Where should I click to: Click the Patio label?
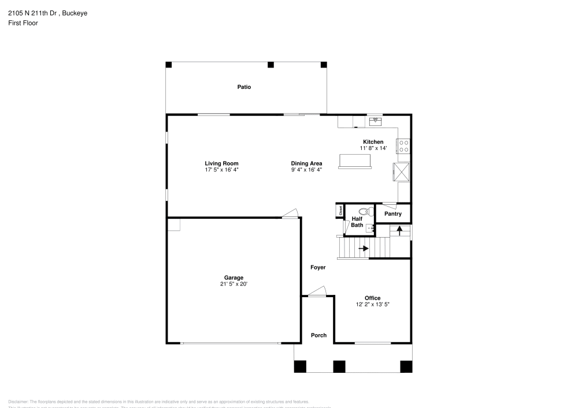pyautogui.click(x=244, y=87)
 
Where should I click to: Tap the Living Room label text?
pyautogui.click(x=221, y=163)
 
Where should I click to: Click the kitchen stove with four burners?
pyautogui.click(x=403, y=146)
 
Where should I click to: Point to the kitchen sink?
pyautogui.click(x=376, y=121)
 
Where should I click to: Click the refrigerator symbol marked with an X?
pyautogui.click(x=401, y=172)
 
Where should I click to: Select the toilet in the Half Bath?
pyautogui.click(x=364, y=211)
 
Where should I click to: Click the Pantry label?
pyautogui.click(x=393, y=214)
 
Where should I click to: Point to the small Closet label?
pyautogui.click(x=340, y=211)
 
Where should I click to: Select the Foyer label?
pyautogui.click(x=318, y=268)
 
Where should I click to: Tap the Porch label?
pyautogui.click(x=318, y=335)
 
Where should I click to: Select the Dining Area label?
pyautogui.click(x=306, y=163)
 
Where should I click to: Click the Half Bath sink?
pyautogui.click(x=369, y=227)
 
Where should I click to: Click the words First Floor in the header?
pyautogui.click(x=23, y=23)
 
